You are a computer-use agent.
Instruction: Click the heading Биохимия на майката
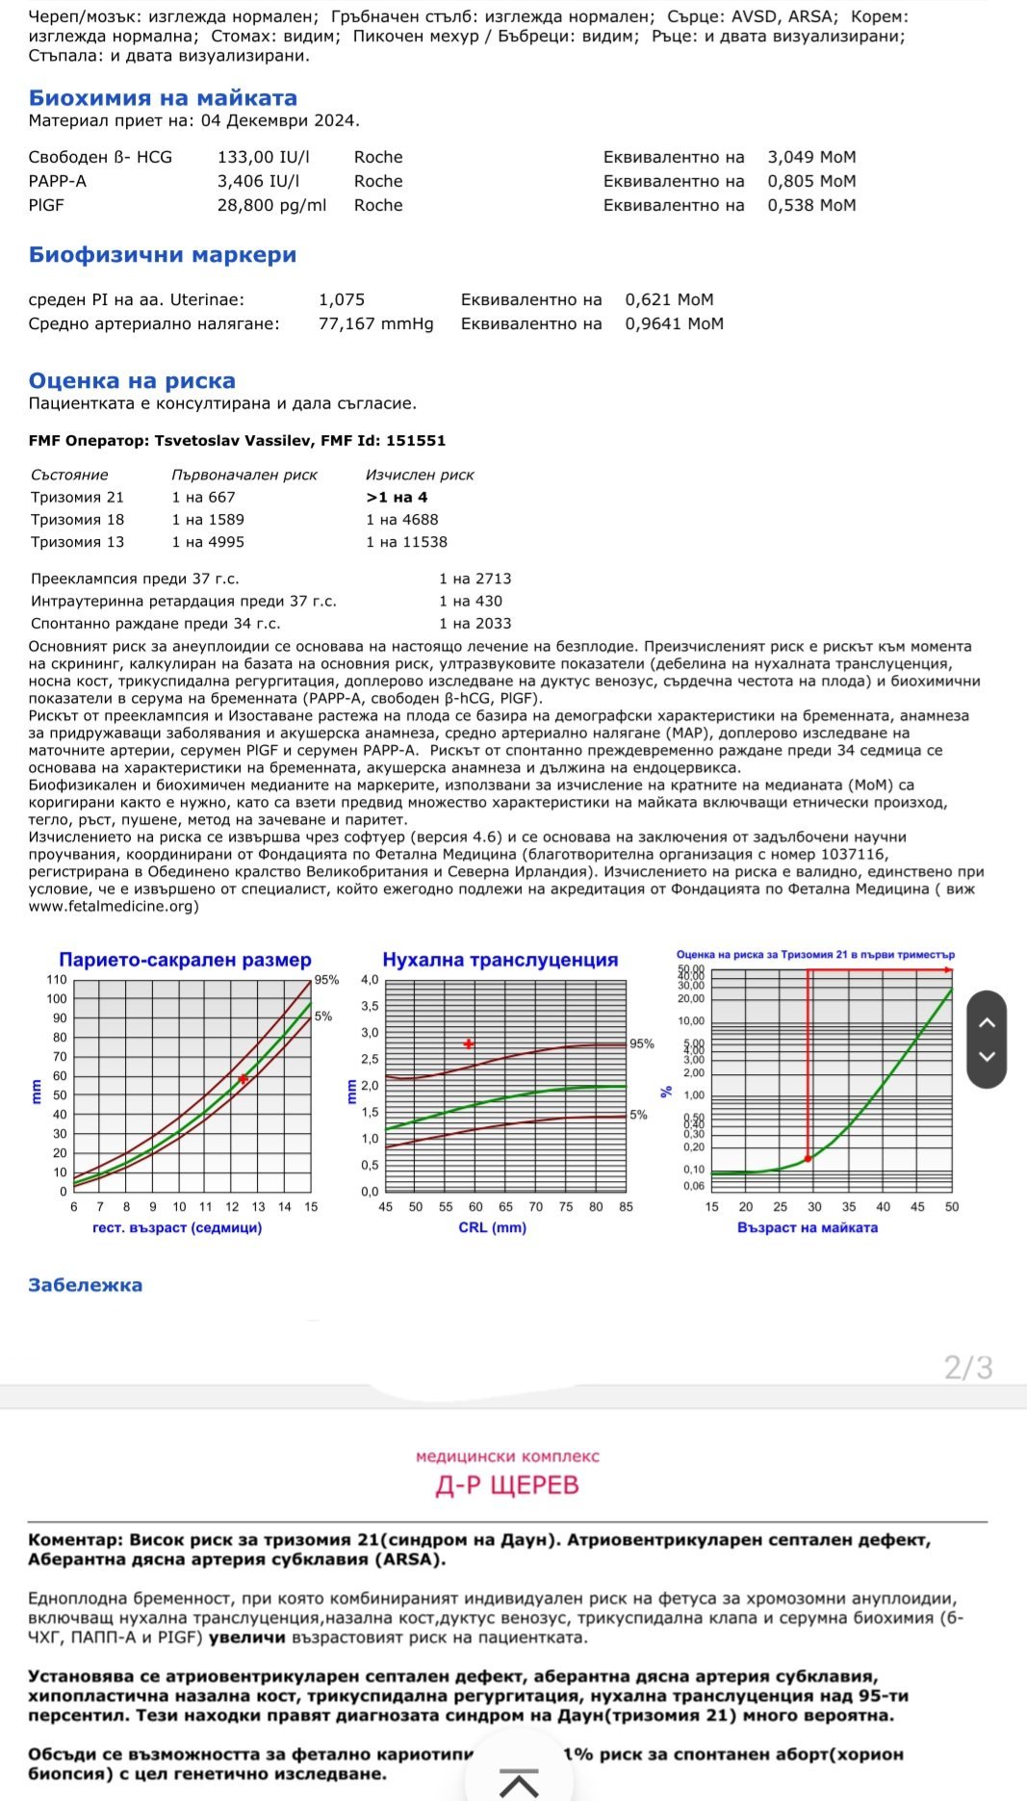(163, 98)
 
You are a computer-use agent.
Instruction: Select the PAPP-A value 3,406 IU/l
(258, 181)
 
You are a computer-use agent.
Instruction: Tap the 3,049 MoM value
(811, 157)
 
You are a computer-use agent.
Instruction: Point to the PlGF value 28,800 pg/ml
(271, 205)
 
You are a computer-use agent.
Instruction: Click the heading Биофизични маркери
(163, 255)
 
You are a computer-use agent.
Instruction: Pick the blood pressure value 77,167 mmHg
(375, 323)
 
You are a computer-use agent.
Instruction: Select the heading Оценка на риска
(132, 381)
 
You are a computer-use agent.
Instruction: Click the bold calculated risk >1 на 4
(397, 498)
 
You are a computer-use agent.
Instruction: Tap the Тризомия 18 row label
(77, 520)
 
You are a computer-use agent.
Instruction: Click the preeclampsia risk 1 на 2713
(475, 579)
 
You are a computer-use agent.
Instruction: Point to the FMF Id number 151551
(416, 441)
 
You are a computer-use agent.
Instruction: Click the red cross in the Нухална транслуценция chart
(469, 1043)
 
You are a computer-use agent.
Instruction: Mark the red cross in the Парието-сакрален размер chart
(244, 1079)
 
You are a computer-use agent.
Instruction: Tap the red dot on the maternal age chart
(808, 1159)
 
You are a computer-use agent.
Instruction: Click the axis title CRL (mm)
(492, 1228)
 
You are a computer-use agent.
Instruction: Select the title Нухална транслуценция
(501, 960)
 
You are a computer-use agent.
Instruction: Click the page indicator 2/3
(968, 1367)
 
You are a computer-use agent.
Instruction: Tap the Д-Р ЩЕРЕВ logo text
(507, 1485)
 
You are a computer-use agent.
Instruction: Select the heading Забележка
(85, 1285)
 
